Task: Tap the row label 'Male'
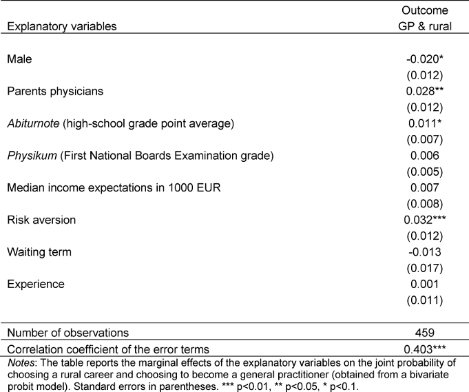click(19, 59)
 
